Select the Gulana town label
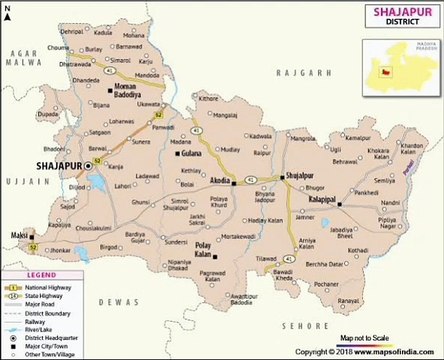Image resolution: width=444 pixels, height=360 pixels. click(192, 155)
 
